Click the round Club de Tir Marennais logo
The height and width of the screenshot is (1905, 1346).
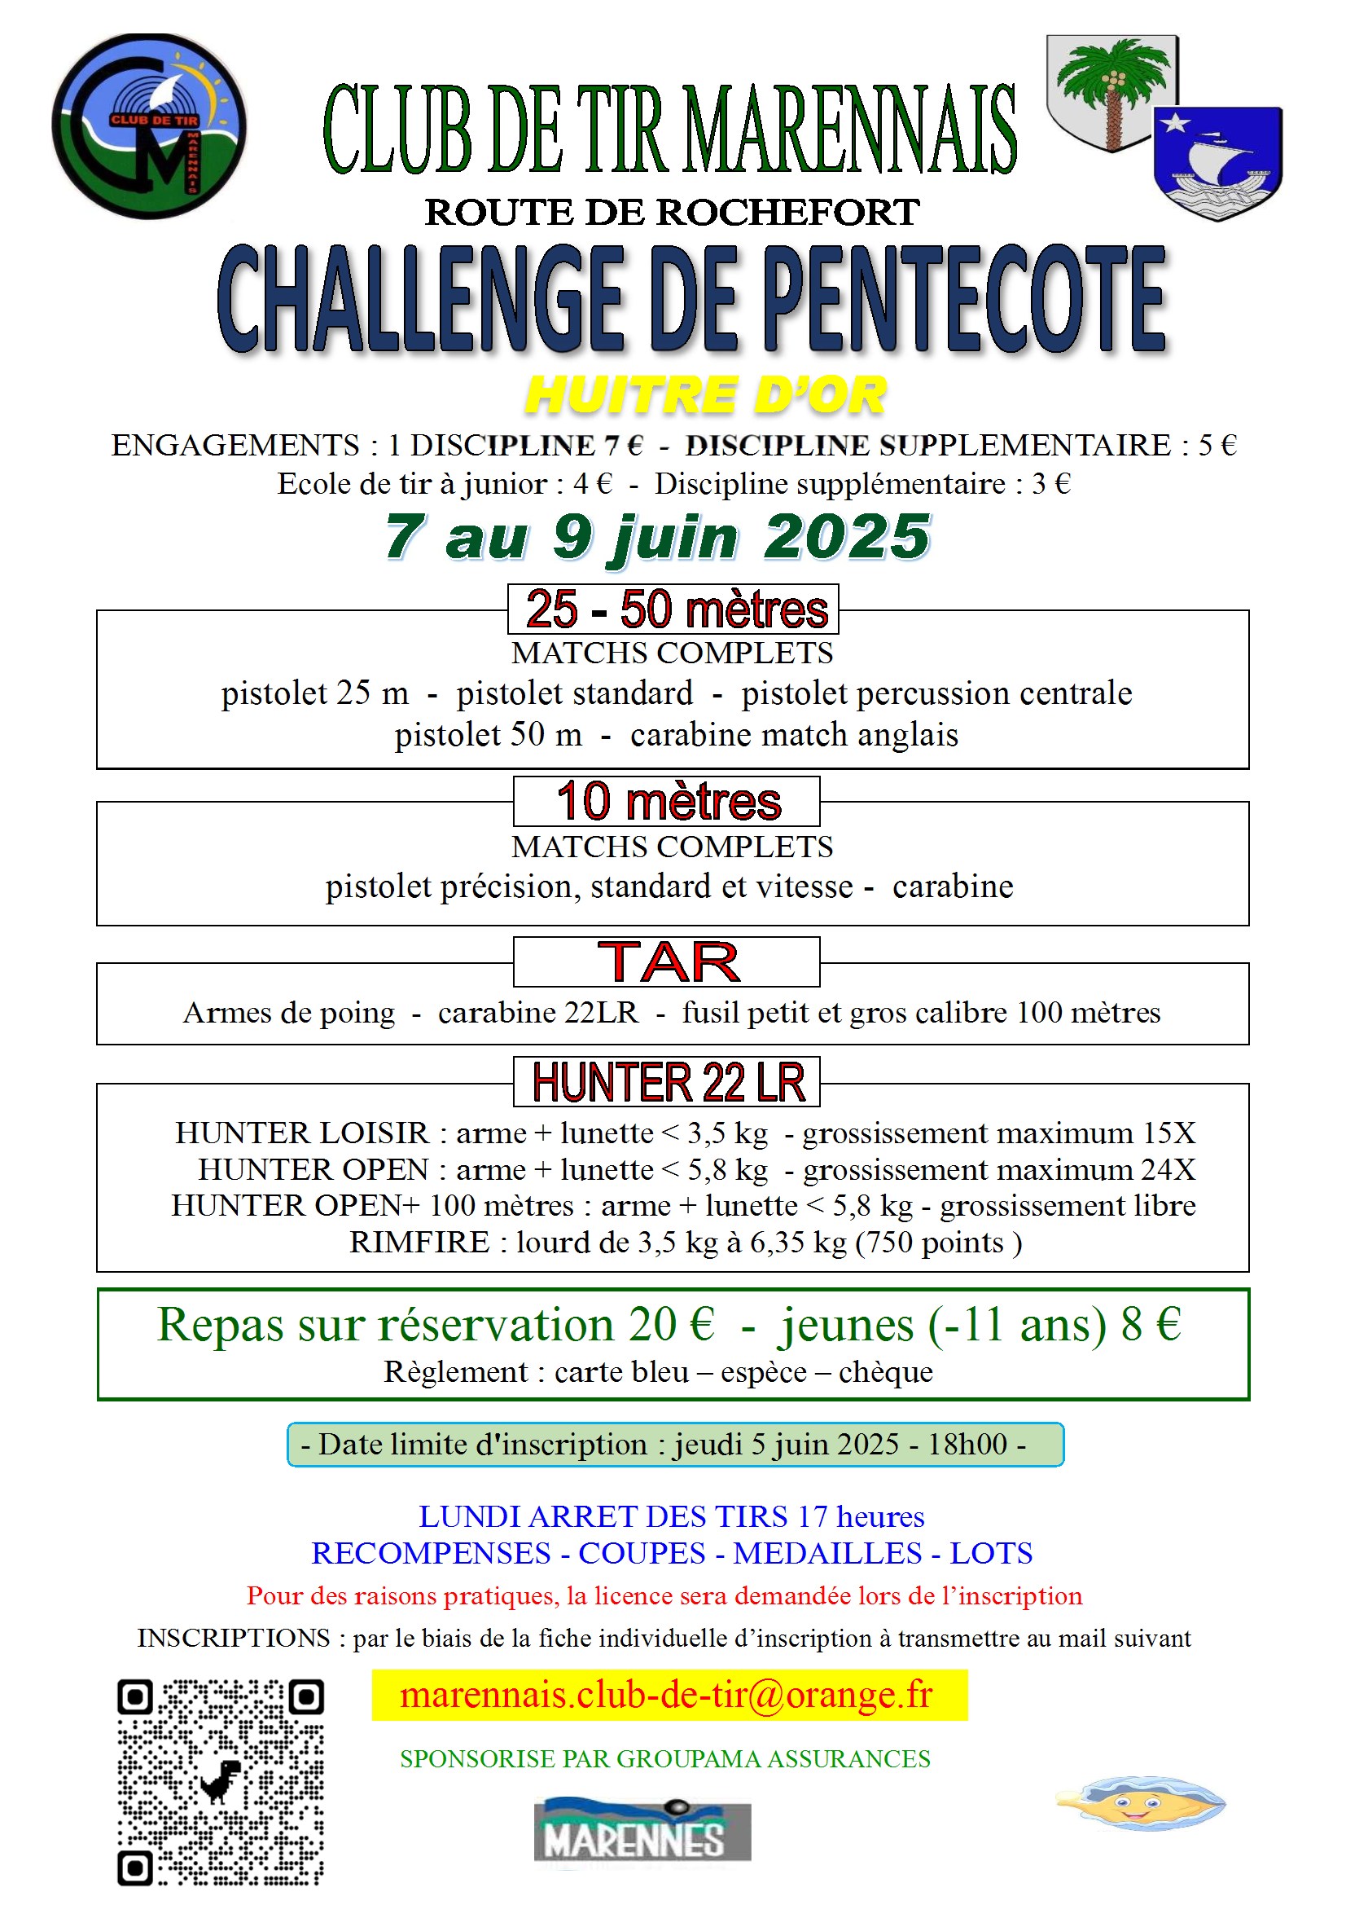pos(149,126)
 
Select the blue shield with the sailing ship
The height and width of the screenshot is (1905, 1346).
pos(1217,163)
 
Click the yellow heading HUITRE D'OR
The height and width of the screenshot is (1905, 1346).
pos(706,395)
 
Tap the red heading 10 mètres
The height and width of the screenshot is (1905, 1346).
pos(669,802)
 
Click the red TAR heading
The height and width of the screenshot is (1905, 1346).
pos(669,962)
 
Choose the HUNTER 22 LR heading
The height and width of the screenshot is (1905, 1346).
pos(669,1083)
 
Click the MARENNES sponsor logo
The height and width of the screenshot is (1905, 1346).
pos(642,1829)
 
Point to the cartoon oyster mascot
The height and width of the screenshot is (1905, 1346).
pos(1141,1802)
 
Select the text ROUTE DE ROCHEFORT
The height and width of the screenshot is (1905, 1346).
pos(672,213)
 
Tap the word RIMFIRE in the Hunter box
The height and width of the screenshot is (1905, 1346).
pos(419,1242)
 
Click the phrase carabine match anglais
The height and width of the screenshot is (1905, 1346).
pos(794,735)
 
